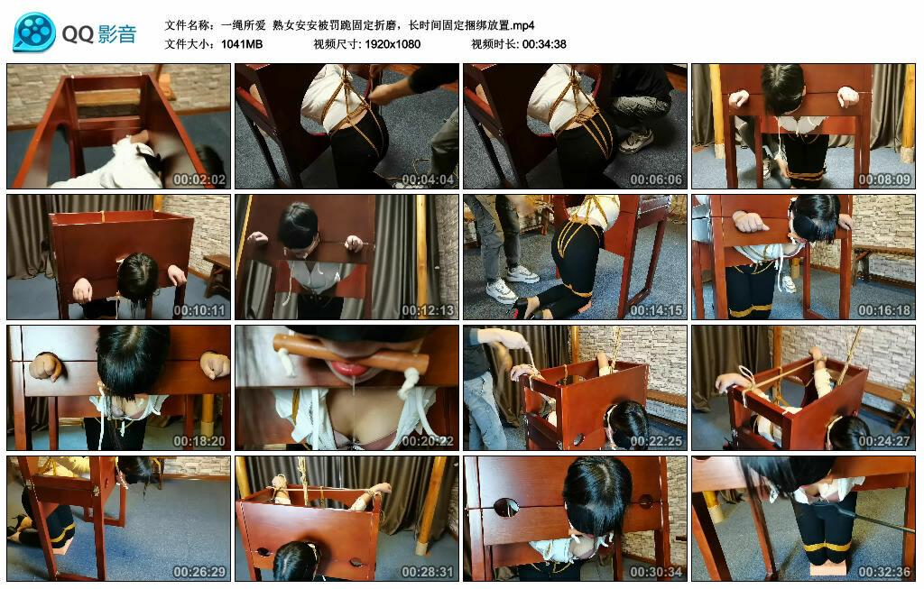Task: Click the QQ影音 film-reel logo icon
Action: [34, 32]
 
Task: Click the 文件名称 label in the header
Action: [189, 24]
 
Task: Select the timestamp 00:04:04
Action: [430, 179]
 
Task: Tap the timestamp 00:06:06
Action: [658, 179]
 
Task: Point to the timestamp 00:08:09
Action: [886, 179]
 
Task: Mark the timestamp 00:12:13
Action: [430, 310]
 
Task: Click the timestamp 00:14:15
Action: [658, 310]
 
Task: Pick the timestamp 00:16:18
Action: [886, 310]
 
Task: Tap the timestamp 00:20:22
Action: [430, 441]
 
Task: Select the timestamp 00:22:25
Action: [658, 441]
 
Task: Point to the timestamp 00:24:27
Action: [886, 441]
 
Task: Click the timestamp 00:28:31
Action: [430, 572]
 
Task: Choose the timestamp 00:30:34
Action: [658, 572]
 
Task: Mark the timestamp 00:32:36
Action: [886, 572]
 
